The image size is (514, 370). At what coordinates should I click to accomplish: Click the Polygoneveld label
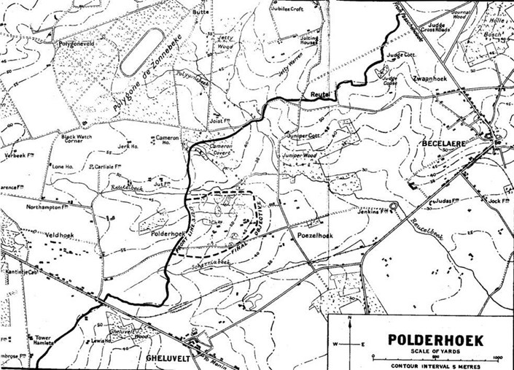point(79,44)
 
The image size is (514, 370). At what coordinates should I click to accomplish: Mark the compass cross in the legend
point(350,343)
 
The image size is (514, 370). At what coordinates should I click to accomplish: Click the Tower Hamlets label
point(41,341)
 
